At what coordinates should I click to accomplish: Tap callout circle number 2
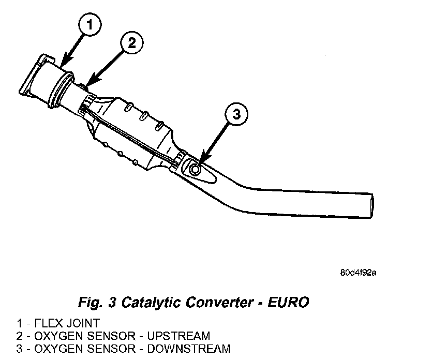[x=131, y=43]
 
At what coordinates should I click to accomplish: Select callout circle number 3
[x=236, y=115]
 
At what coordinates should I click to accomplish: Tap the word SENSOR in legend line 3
[x=109, y=348]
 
